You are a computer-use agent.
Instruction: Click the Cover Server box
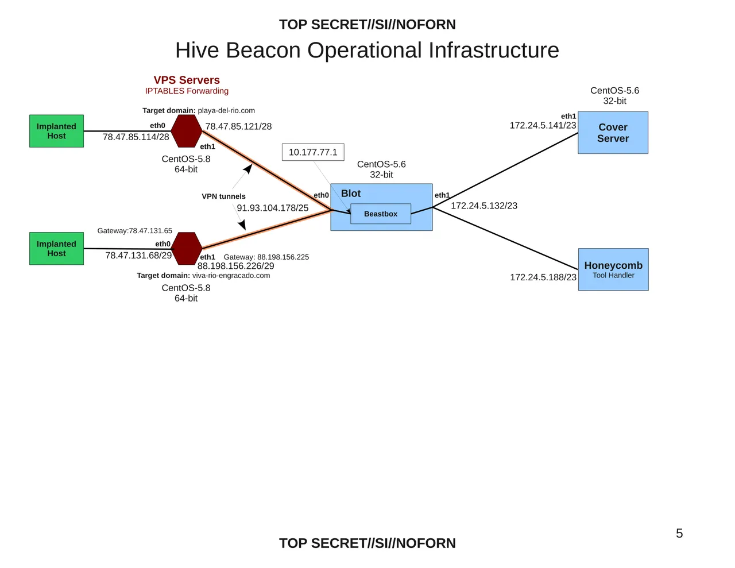613,133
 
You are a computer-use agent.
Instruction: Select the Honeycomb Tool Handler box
613,269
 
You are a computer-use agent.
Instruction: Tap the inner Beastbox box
381,214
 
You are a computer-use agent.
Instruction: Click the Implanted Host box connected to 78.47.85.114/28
56,131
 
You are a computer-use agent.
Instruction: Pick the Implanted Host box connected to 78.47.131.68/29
56,249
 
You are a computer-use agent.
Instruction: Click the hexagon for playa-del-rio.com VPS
187,131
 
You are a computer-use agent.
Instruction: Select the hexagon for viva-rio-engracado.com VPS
187,249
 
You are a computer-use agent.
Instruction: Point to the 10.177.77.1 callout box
313,152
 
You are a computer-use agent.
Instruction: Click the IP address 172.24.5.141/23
543,125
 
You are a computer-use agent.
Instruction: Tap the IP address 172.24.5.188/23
543,277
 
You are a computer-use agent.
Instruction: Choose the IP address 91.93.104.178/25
273,208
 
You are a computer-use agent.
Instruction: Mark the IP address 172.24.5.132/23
484,206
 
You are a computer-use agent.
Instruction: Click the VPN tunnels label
223,196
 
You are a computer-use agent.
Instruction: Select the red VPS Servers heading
187,80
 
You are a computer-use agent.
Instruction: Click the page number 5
679,534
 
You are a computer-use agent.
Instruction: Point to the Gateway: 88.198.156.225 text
266,257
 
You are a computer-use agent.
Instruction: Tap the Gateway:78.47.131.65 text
135,231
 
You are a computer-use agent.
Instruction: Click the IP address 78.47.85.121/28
238,126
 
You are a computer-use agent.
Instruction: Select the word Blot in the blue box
351,194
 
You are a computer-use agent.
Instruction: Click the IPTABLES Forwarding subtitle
187,91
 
